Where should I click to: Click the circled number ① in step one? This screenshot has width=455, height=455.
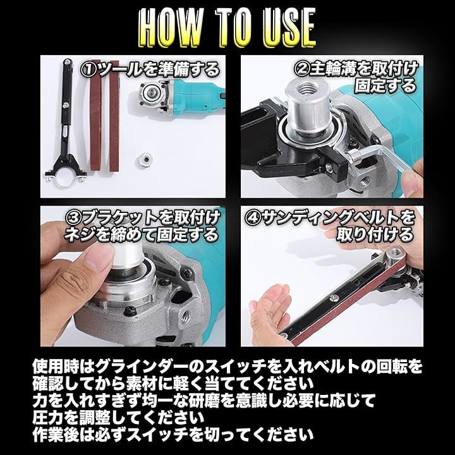click(89, 70)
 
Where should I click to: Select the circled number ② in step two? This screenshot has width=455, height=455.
click(302, 68)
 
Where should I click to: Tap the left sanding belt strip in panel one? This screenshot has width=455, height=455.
click(96, 116)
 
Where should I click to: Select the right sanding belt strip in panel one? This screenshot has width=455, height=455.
click(114, 116)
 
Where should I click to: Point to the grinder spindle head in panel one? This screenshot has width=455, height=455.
click(152, 94)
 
